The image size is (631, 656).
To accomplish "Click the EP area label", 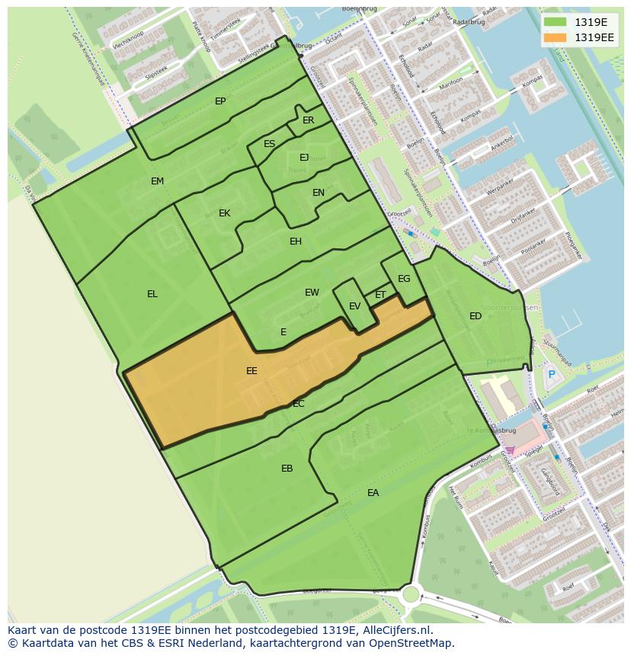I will point(220,101).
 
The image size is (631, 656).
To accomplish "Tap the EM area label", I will point(157,181).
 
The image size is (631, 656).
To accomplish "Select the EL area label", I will point(152,294).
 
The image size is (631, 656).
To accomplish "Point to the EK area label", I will point(224,213).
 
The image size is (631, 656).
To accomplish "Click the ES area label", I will point(269,144).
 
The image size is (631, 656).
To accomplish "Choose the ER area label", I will point(308,120).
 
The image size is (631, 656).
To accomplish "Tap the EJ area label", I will point(304,158).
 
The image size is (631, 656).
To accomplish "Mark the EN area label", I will point(319,193).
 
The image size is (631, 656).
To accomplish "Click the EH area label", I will point(296,242).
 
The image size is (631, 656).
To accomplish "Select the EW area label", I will point(312,293).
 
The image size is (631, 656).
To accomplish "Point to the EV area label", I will point(354,306).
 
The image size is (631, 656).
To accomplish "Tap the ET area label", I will point(380,295).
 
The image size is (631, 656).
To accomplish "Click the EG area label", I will point(404,279).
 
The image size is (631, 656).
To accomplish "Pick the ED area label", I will point(476,316).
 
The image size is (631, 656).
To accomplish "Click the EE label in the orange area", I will point(251,371).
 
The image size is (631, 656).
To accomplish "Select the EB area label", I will point(287,469).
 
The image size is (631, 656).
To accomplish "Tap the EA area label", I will point(373,493).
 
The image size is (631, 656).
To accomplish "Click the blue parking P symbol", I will point(551,374).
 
